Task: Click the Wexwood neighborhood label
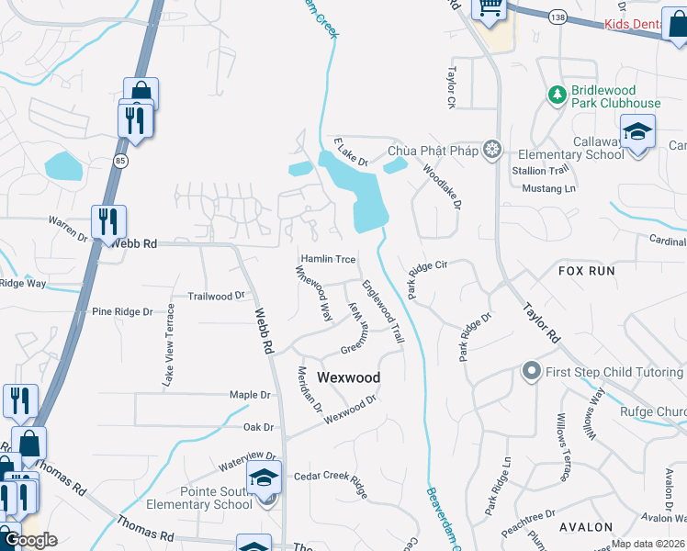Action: click(348, 377)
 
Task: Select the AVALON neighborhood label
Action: click(585, 527)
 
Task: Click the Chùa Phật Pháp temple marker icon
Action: click(493, 150)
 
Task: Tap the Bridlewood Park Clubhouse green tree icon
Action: click(557, 95)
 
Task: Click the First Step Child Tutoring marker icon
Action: click(530, 372)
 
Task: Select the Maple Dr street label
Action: click(250, 395)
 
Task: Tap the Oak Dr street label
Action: click(258, 427)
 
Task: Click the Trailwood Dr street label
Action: click(217, 296)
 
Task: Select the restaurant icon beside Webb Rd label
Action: click(108, 221)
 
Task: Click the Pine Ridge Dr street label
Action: click(122, 312)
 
